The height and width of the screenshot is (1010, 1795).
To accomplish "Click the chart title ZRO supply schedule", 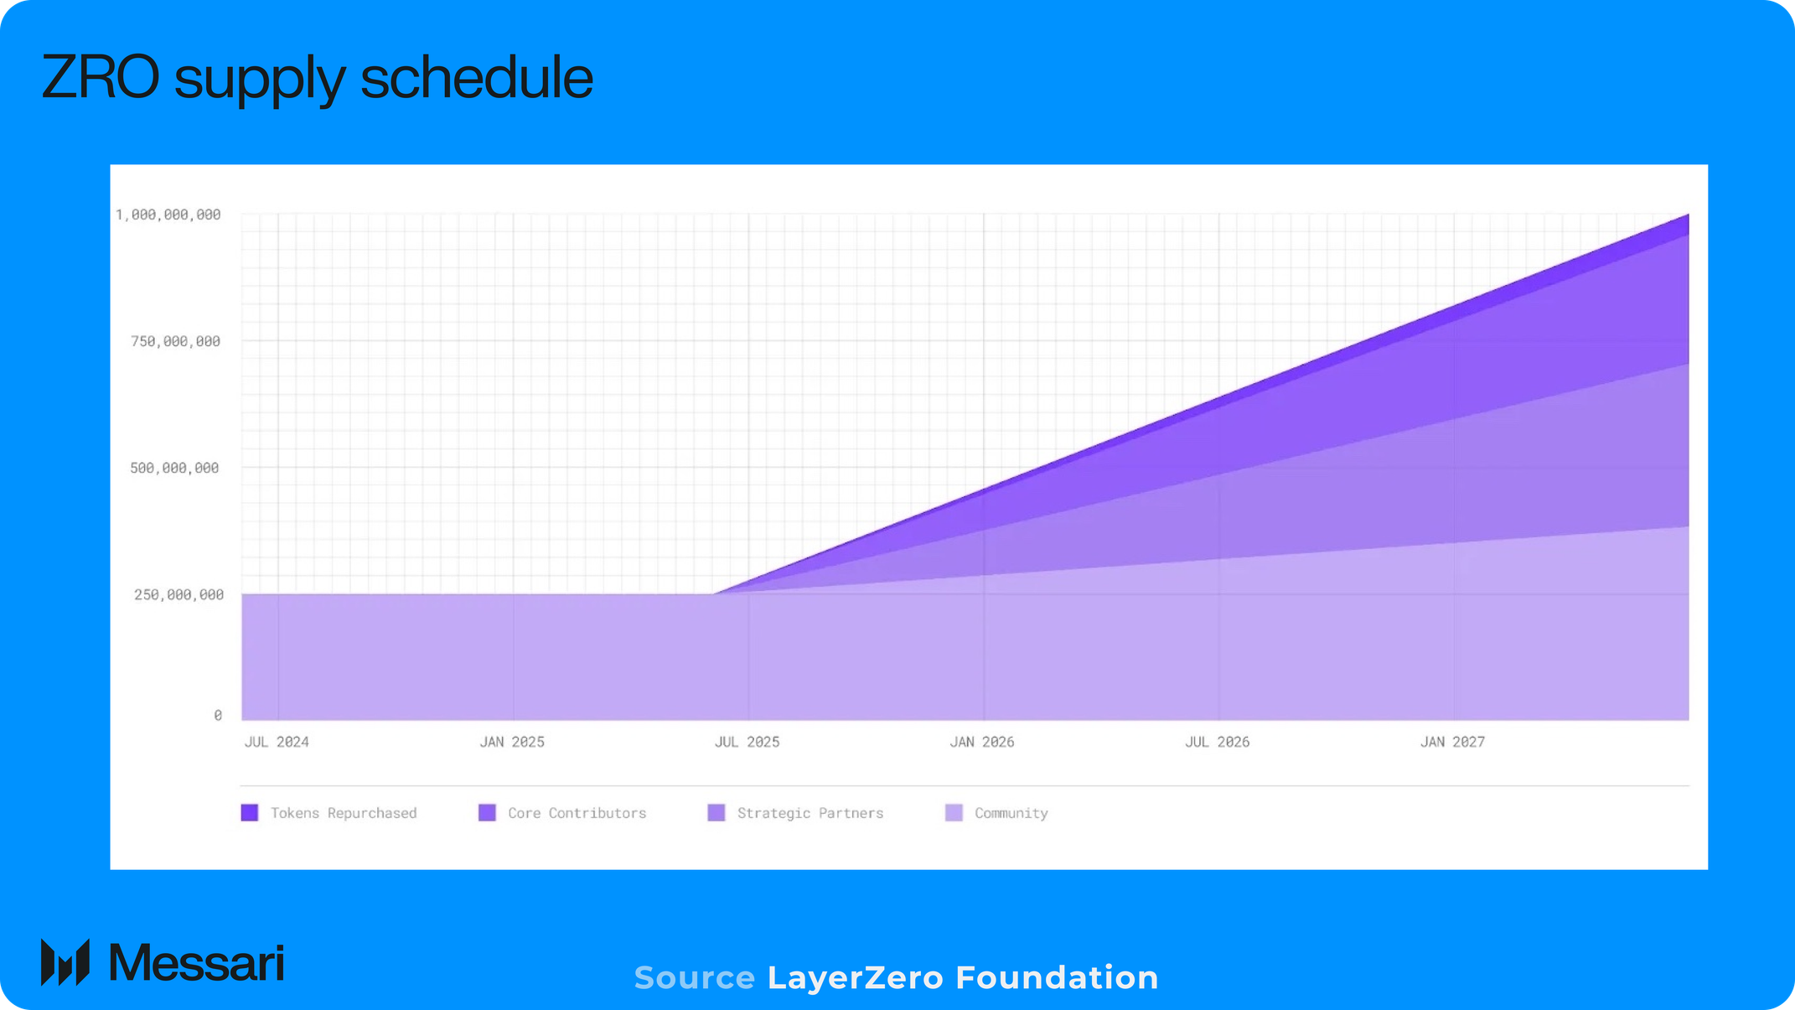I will click(x=317, y=78).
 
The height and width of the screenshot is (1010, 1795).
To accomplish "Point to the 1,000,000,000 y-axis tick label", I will click(x=168, y=215).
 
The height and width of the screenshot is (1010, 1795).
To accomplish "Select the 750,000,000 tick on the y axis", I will click(x=175, y=341).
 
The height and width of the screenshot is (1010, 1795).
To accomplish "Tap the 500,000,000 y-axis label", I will click(x=174, y=468).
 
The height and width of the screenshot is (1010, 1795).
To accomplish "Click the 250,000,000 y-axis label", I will click(x=178, y=594).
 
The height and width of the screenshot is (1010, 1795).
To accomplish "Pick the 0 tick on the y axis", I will click(x=218, y=715).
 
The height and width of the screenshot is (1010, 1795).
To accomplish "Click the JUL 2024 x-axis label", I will click(x=277, y=742).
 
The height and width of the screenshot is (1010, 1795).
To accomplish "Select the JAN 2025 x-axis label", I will click(x=512, y=742).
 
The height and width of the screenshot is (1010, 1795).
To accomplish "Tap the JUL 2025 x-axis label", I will click(x=747, y=742).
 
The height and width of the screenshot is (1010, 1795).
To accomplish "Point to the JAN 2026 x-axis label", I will click(x=982, y=742).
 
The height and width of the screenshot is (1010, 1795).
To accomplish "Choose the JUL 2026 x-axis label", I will click(x=1217, y=742).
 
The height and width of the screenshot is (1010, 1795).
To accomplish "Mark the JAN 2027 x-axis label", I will click(x=1452, y=742).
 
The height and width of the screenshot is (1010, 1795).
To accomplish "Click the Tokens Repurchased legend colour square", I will click(x=250, y=812).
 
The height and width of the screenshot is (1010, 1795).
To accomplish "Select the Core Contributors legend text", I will click(x=577, y=813).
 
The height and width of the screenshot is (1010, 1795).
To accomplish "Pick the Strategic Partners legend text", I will click(x=810, y=813).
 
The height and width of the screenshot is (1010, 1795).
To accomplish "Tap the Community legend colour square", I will click(x=954, y=812).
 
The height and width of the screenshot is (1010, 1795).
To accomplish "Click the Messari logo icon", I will click(x=65, y=962).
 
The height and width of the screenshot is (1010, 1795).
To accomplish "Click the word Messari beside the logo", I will click(x=197, y=962).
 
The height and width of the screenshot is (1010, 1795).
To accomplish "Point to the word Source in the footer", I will click(x=694, y=978).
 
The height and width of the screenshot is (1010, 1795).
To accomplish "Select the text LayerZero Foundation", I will click(x=963, y=978).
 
